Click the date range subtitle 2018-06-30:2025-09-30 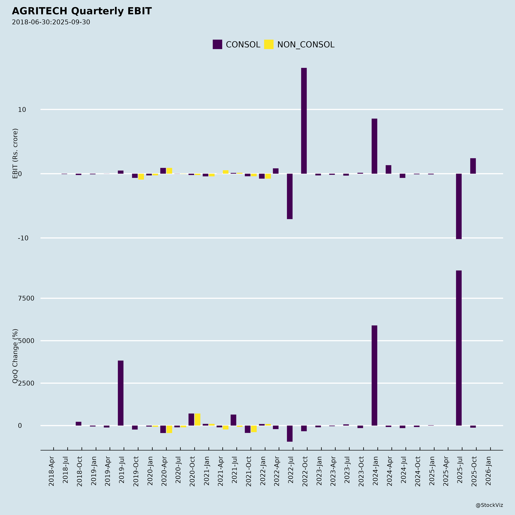click(x=51, y=22)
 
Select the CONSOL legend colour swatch click(x=217, y=44)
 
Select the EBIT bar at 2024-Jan click(x=374, y=146)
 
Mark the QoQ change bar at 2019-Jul click(x=120, y=393)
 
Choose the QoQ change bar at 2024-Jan click(x=374, y=375)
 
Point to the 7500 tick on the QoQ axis click(x=26, y=298)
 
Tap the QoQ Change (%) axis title click(x=15, y=356)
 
